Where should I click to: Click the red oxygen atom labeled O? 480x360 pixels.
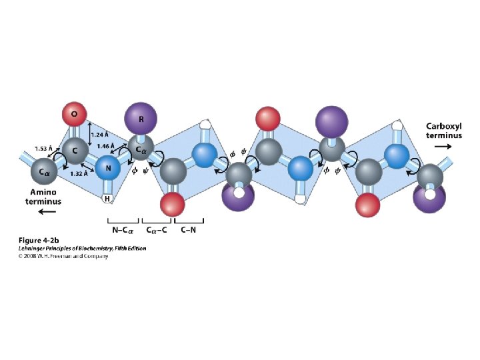[74, 115]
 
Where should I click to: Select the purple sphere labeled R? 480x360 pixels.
[141, 119]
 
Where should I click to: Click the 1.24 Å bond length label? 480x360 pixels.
[99, 134]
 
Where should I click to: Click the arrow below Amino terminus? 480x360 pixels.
[46, 213]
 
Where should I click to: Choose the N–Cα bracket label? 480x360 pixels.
[123, 230]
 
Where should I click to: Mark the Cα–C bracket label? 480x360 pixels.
[157, 230]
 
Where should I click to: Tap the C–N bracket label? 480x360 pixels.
[188, 230]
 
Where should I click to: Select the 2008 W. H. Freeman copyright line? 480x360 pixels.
[63, 256]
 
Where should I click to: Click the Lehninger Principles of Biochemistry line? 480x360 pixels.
[82, 248]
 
